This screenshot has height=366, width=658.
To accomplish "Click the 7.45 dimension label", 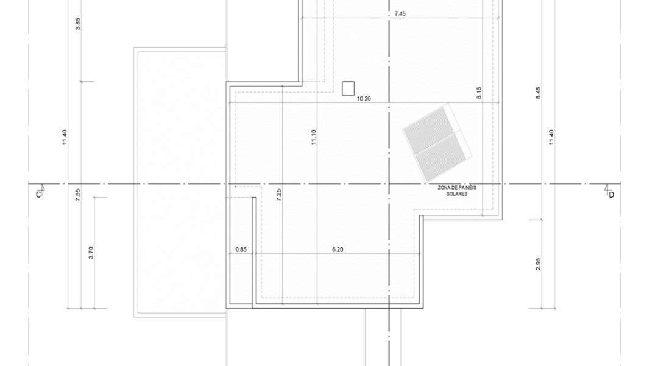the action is [400, 14].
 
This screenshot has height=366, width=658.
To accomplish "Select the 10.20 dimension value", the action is [364, 99].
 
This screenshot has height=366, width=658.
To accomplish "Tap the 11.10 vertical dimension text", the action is [314, 137].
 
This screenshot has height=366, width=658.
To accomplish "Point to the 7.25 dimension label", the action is [279, 195].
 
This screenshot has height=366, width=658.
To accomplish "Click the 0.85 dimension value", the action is [241, 249].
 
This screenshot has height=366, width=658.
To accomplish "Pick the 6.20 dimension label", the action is [338, 249].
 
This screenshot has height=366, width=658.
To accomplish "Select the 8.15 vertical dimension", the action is [479, 93].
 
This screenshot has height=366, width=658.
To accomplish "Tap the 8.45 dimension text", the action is [539, 93].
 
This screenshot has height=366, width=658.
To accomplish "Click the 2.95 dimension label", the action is [539, 264].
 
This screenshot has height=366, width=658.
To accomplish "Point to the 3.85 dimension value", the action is [77, 24].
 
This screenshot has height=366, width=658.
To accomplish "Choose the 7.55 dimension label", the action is [77, 195].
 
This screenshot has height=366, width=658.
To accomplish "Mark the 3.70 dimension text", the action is [91, 253].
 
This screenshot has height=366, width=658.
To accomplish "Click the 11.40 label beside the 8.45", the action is [551, 137].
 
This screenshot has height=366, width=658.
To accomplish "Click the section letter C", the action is [38, 195].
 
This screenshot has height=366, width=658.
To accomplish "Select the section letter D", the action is [612, 195].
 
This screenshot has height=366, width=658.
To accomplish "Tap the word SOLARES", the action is [456, 194].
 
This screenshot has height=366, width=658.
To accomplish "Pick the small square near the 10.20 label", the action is [348, 88].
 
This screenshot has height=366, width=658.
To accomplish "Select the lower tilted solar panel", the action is [443, 157].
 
